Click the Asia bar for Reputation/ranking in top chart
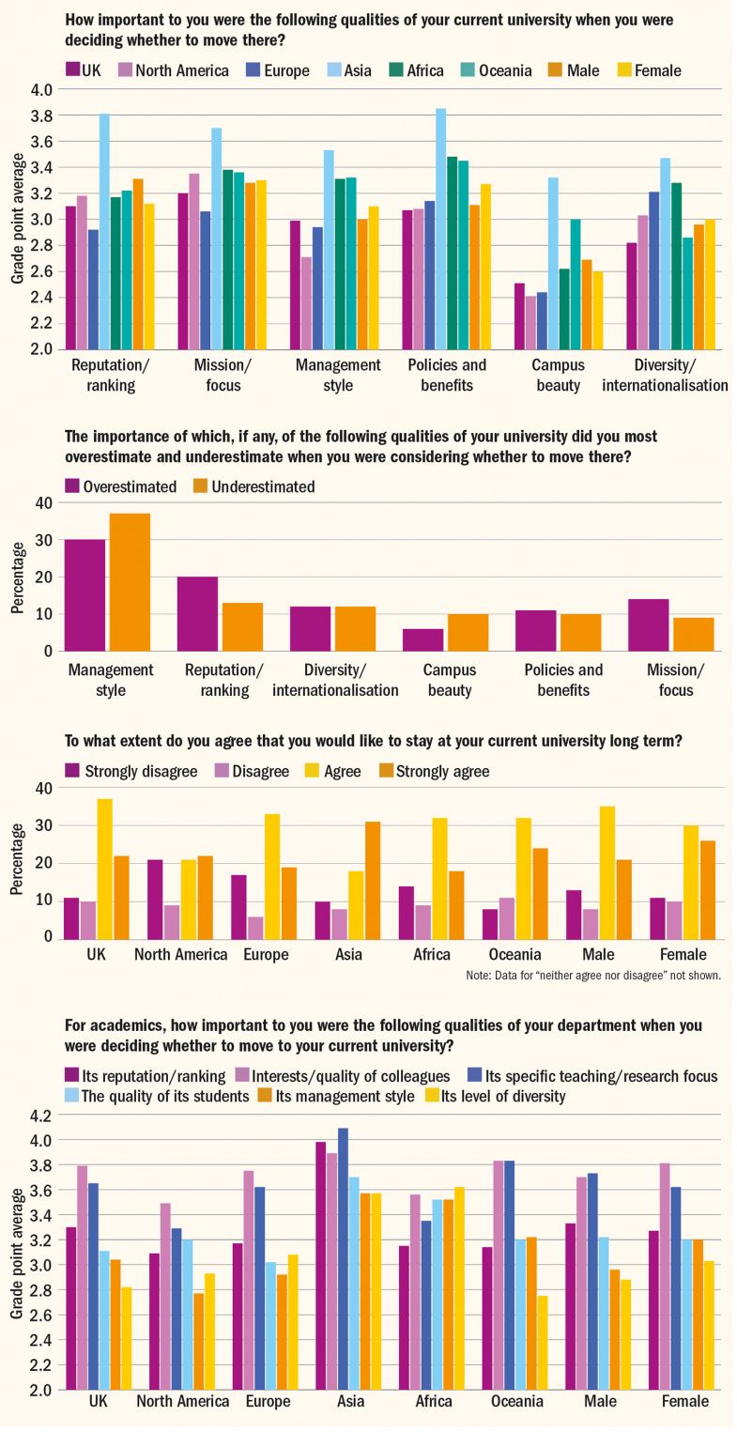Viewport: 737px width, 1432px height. tap(104, 231)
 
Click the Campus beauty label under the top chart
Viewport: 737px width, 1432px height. tap(558, 375)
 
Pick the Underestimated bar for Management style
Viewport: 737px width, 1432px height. tap(130, 582)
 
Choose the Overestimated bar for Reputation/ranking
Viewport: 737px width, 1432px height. tap(197, 613)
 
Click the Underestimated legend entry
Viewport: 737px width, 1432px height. tap(253, 486)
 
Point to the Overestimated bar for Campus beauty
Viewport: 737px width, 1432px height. tap(423, 639)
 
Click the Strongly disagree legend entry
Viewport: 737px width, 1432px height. tap(131, 771)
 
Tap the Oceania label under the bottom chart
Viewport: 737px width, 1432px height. tap(517, 1401)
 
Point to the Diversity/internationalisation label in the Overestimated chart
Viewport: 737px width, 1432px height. tap(336, 680)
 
